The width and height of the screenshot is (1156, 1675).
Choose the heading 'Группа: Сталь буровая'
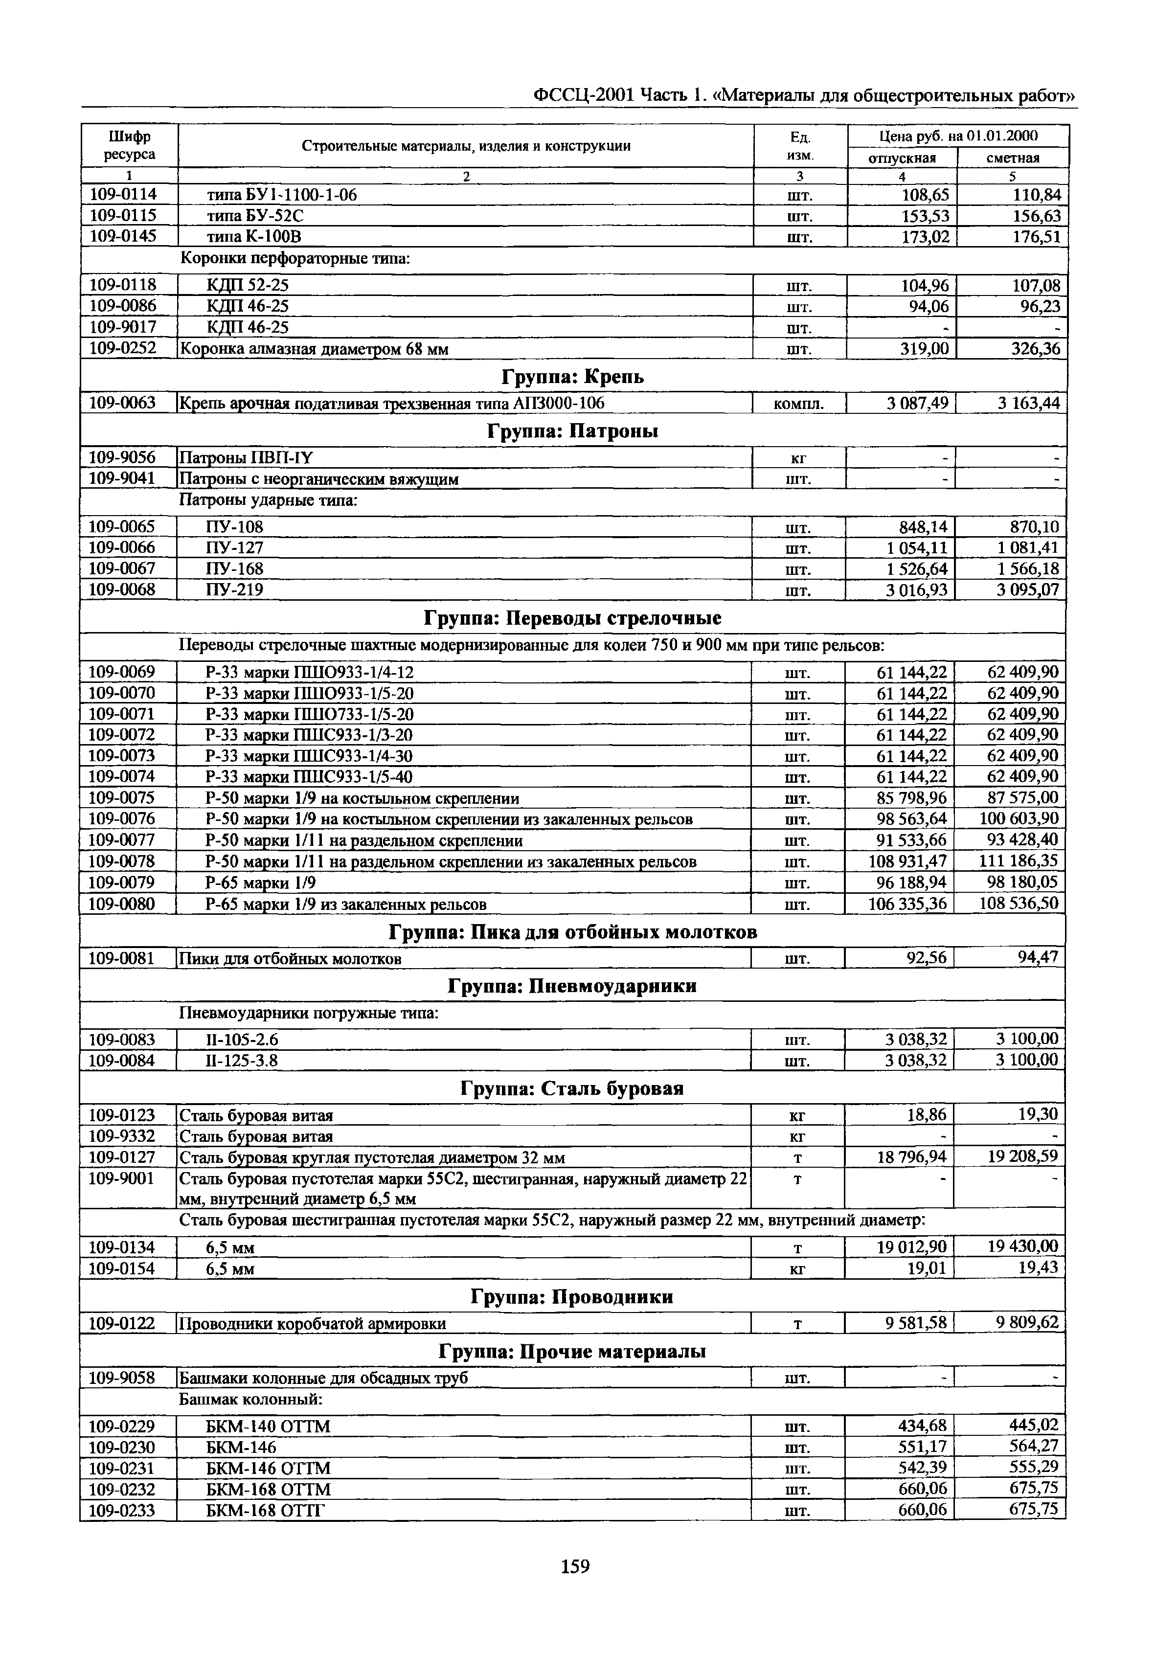click(x=572, y=1089)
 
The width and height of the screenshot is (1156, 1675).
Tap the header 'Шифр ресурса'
click(x=129, y=146)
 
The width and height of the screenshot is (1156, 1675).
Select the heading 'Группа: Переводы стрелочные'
click(x=572, y=618)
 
